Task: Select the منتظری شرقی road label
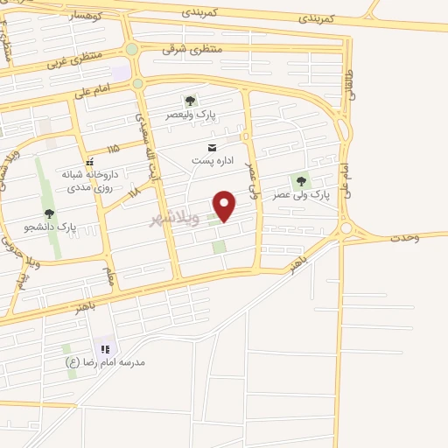coord(192,49)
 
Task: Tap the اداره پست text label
coord(212,161)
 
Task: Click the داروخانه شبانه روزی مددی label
coord(89,179)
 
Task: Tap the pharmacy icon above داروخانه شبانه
coord(89,162)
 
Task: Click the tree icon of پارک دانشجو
coord(49,213)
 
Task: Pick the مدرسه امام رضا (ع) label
coord(106,361)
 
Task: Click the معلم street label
coord(110,277)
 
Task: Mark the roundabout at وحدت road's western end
coord(346,229)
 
